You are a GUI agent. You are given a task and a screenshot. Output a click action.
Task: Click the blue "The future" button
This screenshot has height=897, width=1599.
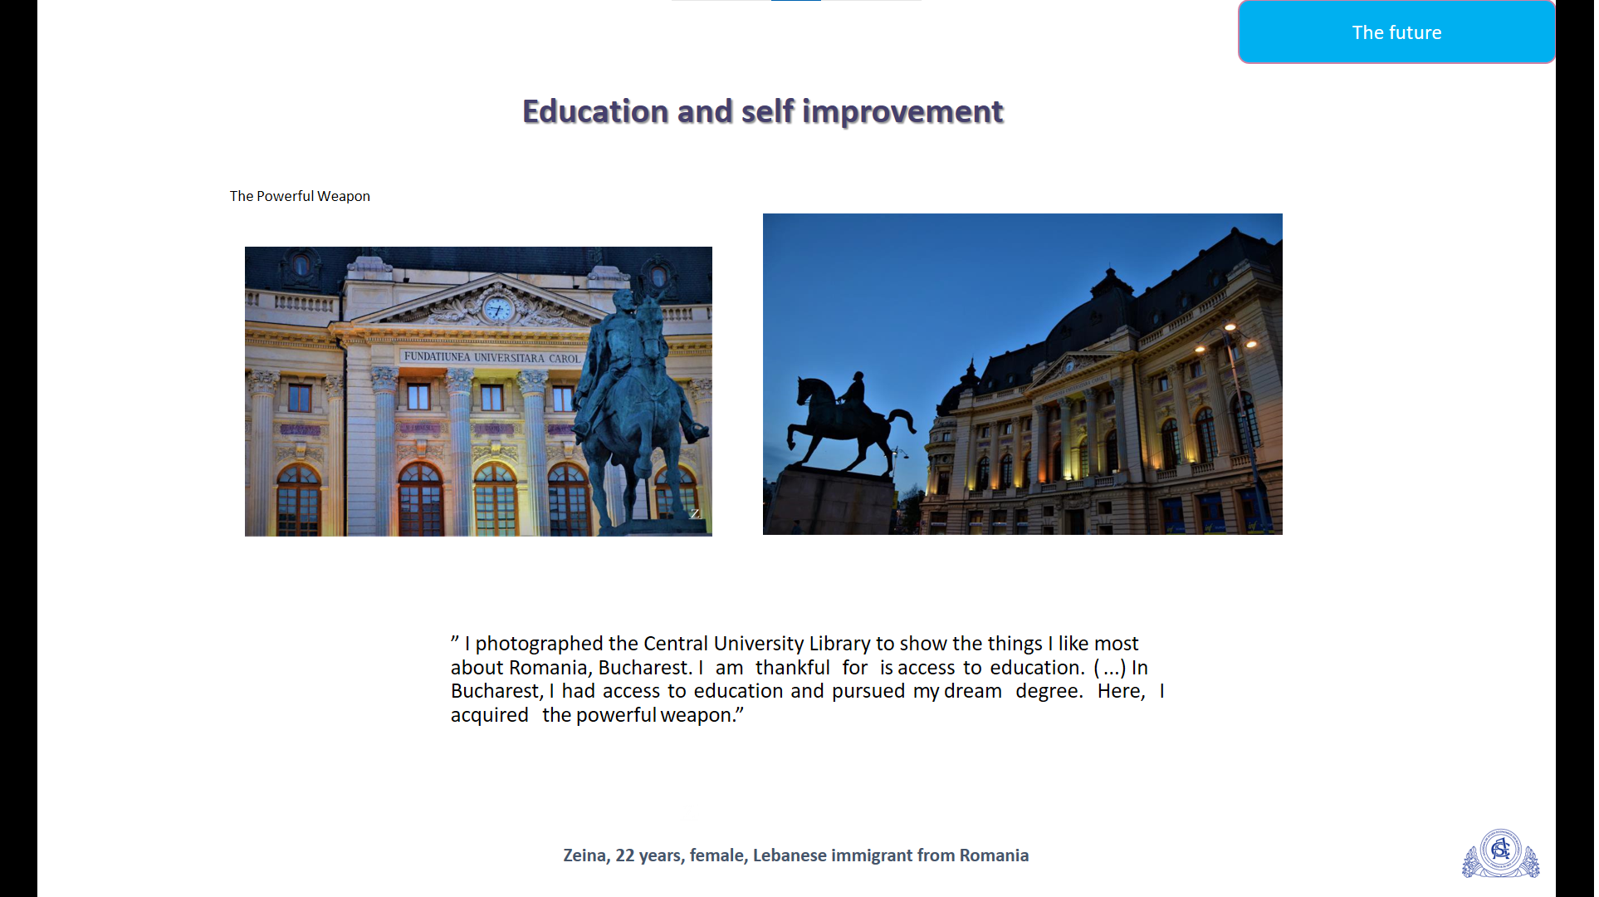[x=1396, y=32]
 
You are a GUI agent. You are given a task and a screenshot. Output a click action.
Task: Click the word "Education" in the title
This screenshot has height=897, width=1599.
[x=595, y=111]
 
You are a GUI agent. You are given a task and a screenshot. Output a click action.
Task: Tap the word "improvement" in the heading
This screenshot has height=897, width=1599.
[x=902, y=112]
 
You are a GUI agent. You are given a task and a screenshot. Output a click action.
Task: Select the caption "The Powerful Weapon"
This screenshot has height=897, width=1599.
[x=300, y=196]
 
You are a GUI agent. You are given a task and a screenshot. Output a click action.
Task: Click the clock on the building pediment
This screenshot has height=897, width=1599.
[x=498, y=309]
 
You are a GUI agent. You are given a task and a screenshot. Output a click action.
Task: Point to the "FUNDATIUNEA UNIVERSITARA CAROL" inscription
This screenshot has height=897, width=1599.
[x=491, y=357]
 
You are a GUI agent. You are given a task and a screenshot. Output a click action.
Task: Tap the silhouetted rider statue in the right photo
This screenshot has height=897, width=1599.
[x=851, y=419]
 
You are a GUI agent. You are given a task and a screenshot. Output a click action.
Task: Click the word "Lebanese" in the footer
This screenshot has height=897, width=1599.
[x=790, y=855]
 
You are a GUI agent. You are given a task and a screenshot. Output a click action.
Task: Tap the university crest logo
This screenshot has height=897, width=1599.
[x=1500, y=853]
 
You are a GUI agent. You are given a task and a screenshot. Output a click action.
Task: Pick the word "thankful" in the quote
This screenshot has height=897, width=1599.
[x=792, y=668]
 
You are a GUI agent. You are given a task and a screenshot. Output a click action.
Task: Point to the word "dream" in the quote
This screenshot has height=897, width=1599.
[x=972, y=691]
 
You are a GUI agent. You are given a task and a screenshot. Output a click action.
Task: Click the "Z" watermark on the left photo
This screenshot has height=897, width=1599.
[x=695, y=513]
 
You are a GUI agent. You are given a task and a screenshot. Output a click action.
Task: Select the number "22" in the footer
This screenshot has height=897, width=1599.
[x=625, y=855]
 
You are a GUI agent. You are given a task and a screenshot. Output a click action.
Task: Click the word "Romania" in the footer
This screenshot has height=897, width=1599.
[x=994, y=855]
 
